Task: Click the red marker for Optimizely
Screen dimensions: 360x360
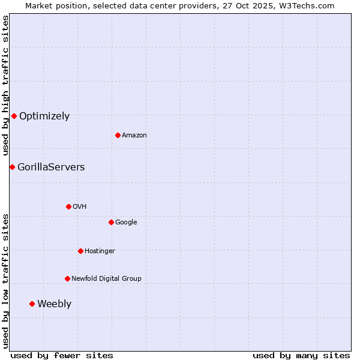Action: (14, 116)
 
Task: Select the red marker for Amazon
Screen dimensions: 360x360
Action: (118, 135)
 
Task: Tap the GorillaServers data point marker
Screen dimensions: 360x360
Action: (12, 167)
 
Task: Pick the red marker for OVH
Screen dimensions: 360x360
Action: (68, 206)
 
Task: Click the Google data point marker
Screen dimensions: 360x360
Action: (111, 222)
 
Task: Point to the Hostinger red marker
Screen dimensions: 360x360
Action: (80, 251)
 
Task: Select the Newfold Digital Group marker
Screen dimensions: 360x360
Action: (67, 278)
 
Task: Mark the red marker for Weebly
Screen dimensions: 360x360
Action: (32, 304)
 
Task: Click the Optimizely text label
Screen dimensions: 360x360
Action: (44, 116)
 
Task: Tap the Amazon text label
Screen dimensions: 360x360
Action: (134, 136)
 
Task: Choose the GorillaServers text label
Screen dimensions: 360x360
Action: (51, 167)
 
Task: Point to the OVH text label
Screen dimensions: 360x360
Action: (80, 207)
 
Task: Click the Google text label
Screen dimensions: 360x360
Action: (126, 223)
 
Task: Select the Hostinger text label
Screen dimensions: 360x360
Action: (100, 251)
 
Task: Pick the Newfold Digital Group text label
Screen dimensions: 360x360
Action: (106, 279)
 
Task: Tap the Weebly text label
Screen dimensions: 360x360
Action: (54, 304)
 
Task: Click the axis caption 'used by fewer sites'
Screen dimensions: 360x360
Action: (62, 355)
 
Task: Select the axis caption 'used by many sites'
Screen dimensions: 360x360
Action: (301, 355)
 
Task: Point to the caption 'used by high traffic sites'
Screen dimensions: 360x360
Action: (5, 86)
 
